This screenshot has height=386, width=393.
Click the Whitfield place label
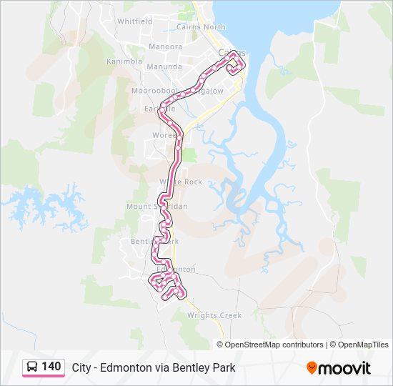pos(134,21)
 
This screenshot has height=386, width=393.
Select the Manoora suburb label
pos(165,47)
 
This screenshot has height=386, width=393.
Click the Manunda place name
pos(164,66)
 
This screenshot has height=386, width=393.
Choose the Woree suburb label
pos(164,135)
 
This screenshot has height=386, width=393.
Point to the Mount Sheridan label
pos(156,206)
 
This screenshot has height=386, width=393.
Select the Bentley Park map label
pos(154,241)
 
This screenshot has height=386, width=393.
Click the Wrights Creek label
pos(214,315)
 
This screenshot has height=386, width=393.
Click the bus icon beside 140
pos(31,367)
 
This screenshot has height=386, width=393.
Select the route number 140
pos(51,367)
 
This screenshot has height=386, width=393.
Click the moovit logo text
pos(344,368)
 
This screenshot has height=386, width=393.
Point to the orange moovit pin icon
pos(312,368)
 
